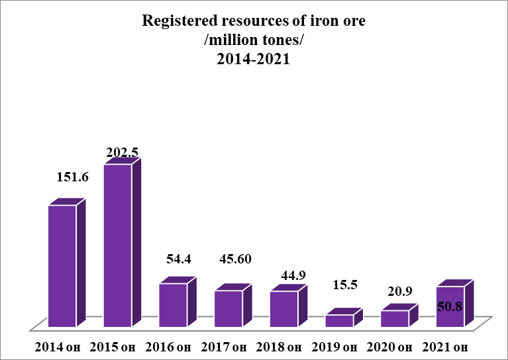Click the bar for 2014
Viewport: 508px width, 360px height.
click(x=62, y=265)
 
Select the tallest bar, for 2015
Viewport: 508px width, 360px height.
click(x=118, y=245)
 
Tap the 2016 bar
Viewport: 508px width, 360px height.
click(x=174, y=304)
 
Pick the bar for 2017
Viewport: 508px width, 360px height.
click(x=229, y=308)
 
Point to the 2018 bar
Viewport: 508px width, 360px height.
click(x=284, y=308)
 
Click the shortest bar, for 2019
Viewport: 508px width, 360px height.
click(x=339, y=320)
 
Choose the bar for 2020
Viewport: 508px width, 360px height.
click(x=395, y=318)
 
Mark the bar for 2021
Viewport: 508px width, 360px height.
click(x=450, y=306)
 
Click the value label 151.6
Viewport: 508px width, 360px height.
click(x=74, y=177)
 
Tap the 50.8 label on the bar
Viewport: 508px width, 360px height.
click(x=450, y=306)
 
